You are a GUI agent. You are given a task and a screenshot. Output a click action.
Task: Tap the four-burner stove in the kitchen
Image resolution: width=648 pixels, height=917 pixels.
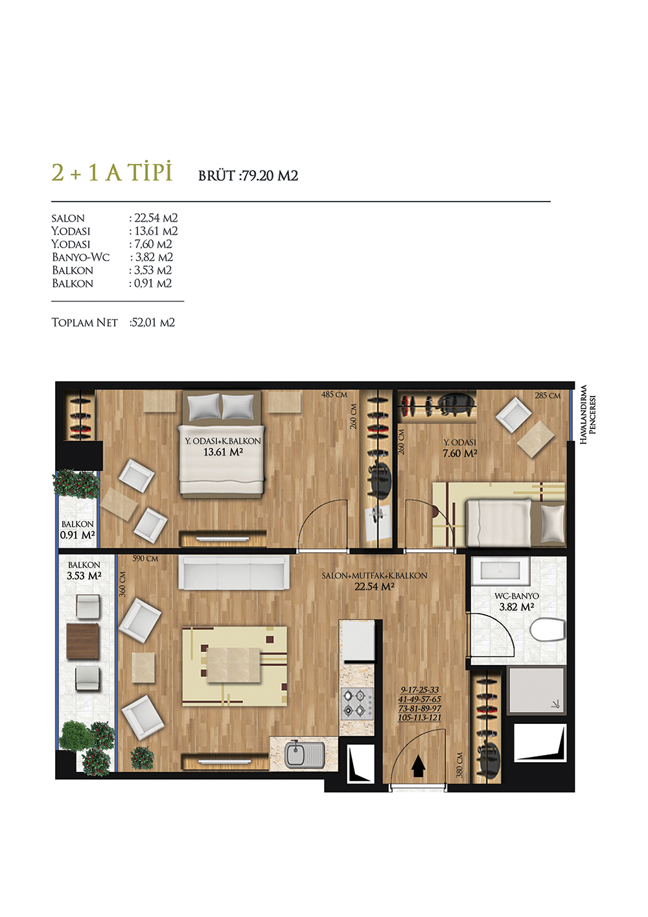(x=357, y=704)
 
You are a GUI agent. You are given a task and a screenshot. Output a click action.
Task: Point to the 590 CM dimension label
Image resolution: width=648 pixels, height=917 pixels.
(x=145, y=559)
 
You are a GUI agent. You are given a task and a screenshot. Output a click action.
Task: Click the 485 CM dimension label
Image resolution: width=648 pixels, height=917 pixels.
(x=334, y=395)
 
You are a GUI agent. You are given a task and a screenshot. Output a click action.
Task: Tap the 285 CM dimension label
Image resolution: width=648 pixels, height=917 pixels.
(x=548, y=395)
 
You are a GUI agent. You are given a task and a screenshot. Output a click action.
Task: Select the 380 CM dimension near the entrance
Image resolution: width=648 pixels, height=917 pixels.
(x=459, y=765)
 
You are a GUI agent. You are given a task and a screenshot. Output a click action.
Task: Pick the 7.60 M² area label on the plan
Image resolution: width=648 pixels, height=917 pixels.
(x=459, y=453)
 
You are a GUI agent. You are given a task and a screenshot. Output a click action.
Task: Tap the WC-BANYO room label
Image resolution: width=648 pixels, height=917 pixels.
(x=516, y=596)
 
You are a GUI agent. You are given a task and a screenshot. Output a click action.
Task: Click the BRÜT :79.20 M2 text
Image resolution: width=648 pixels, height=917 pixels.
(x=248, y=176)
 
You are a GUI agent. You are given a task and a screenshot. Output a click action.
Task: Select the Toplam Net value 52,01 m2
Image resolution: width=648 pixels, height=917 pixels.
(x=152, y=323)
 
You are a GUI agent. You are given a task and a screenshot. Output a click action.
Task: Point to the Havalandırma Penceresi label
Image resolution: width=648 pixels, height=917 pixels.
(x=588, y=414)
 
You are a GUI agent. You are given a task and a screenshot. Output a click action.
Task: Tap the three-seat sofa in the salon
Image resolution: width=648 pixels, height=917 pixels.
(x=234, y=572)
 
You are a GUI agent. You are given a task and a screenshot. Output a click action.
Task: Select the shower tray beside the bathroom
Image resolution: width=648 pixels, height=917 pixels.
(x=537, y=690)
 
